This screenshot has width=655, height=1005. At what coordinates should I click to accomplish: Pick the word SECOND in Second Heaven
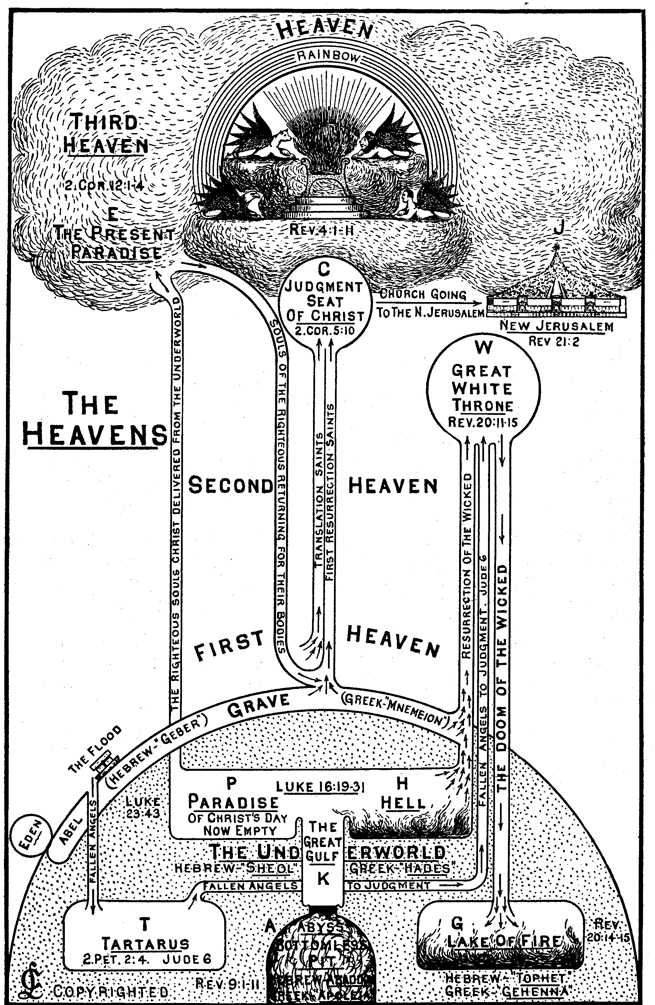coord(230,486)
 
